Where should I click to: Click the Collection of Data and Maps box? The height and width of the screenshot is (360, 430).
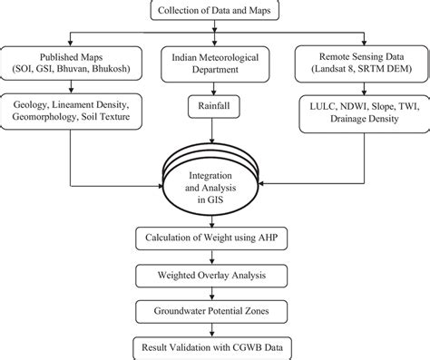tap(214, 10)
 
